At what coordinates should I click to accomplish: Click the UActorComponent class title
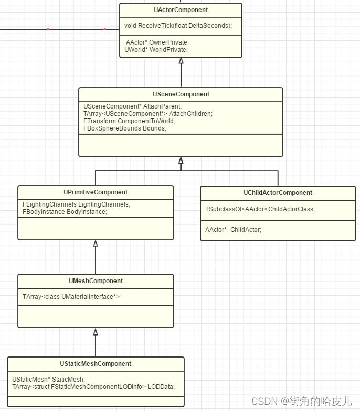pos(181,10)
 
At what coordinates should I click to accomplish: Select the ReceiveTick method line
pos(178,26)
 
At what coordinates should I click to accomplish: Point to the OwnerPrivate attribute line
pos(157,42)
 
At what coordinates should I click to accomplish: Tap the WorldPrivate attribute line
pos(156,49)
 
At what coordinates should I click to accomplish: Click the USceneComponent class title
pos(181,94)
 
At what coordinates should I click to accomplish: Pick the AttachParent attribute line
pos(125,106)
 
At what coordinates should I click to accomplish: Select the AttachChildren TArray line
pos(148,113)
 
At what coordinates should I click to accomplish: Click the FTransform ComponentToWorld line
pos(129,121)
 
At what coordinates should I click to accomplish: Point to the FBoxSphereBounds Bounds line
pos(125,128)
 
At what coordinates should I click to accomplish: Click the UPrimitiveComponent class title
pos(96,192)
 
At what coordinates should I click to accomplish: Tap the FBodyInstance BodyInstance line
pos(65,212)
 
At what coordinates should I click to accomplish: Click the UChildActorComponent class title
pos(278,193)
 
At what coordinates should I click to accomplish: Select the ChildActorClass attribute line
pos(260,209)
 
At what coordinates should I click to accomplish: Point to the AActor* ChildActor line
pos(233,229)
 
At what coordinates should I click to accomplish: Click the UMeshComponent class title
pos(96,281)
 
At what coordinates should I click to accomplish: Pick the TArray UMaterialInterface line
pos(71,297)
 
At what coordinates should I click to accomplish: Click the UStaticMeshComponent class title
pos(96,364)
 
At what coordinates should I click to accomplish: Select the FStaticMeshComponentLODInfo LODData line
pos(93,386)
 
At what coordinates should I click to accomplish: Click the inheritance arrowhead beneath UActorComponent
pos(181,61)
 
